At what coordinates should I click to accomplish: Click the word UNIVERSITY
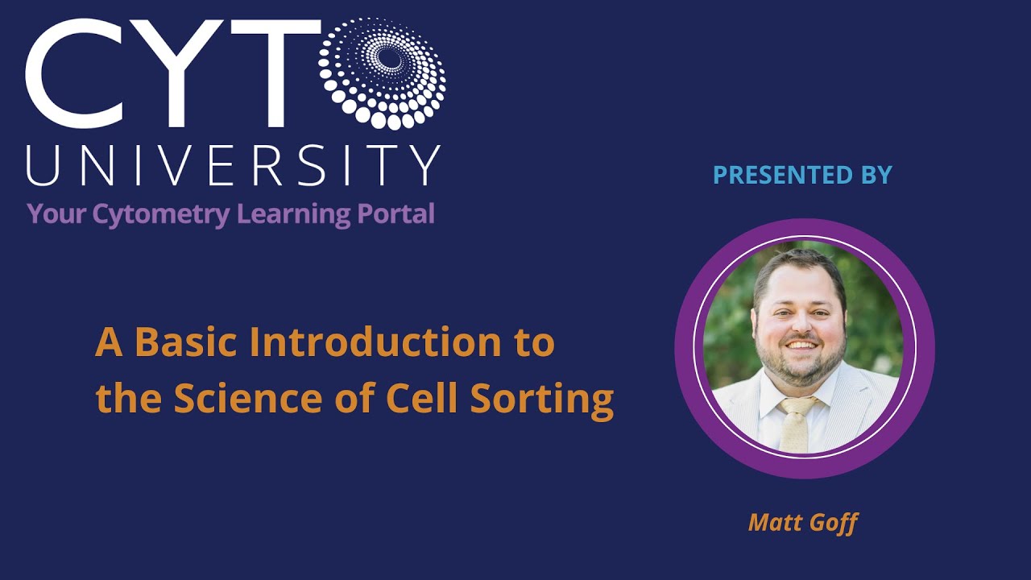234,164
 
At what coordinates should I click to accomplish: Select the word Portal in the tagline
396,214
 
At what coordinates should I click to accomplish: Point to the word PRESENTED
774,175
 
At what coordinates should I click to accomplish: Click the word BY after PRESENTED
873,175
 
